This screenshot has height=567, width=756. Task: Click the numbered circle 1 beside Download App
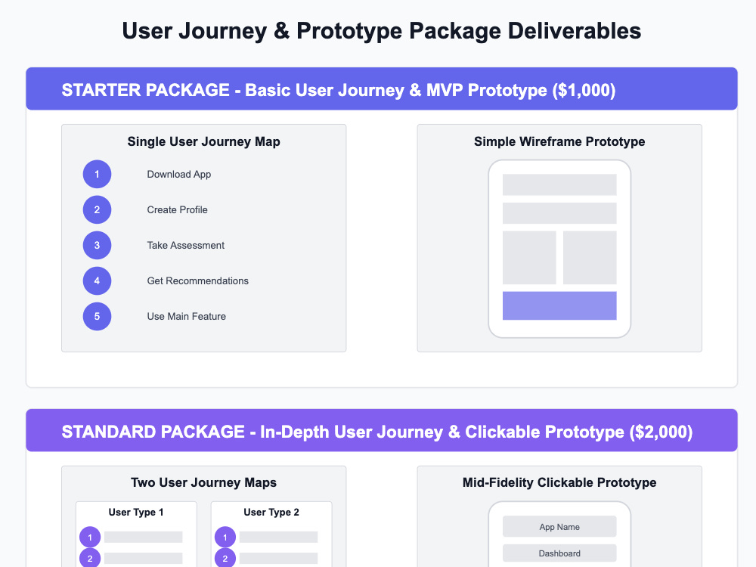click(x=97, y=174)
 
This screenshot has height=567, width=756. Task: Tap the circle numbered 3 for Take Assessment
click(x=97, y=245)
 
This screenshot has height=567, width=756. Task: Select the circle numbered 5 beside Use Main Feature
click(x=97, y=316)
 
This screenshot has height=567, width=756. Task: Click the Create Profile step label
click(x=177, y=209)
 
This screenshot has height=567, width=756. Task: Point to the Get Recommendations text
click(x=197, y=280)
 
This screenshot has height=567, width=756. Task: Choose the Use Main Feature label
click(x=186, y=316)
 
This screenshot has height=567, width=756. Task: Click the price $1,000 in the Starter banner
click(x=584, y=90)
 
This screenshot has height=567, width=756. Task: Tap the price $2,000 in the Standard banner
click(x=661, y=432)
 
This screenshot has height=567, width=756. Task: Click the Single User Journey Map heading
click(x=203, y=141)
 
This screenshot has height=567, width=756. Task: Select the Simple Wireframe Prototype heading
click(x=559, y=141)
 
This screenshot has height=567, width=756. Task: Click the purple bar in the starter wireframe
click(x=559, y=305)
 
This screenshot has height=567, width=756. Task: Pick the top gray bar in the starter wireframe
click(x=559, y=184)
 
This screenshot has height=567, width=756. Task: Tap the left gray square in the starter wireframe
click(x=529, y=258)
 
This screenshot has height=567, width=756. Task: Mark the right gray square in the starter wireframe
click(x=590, y=258)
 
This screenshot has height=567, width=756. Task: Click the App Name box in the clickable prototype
click(x=559, y=526)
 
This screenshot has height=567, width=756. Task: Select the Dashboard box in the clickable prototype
click(x=559, y=553)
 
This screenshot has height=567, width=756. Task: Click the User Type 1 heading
click(x=136, y=512)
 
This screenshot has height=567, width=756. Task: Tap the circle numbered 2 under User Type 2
click(x=225, y=559)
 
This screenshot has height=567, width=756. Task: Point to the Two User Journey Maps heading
click(x=203, y=482)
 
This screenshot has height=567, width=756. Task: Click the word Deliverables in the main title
click(x=575, y=31)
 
